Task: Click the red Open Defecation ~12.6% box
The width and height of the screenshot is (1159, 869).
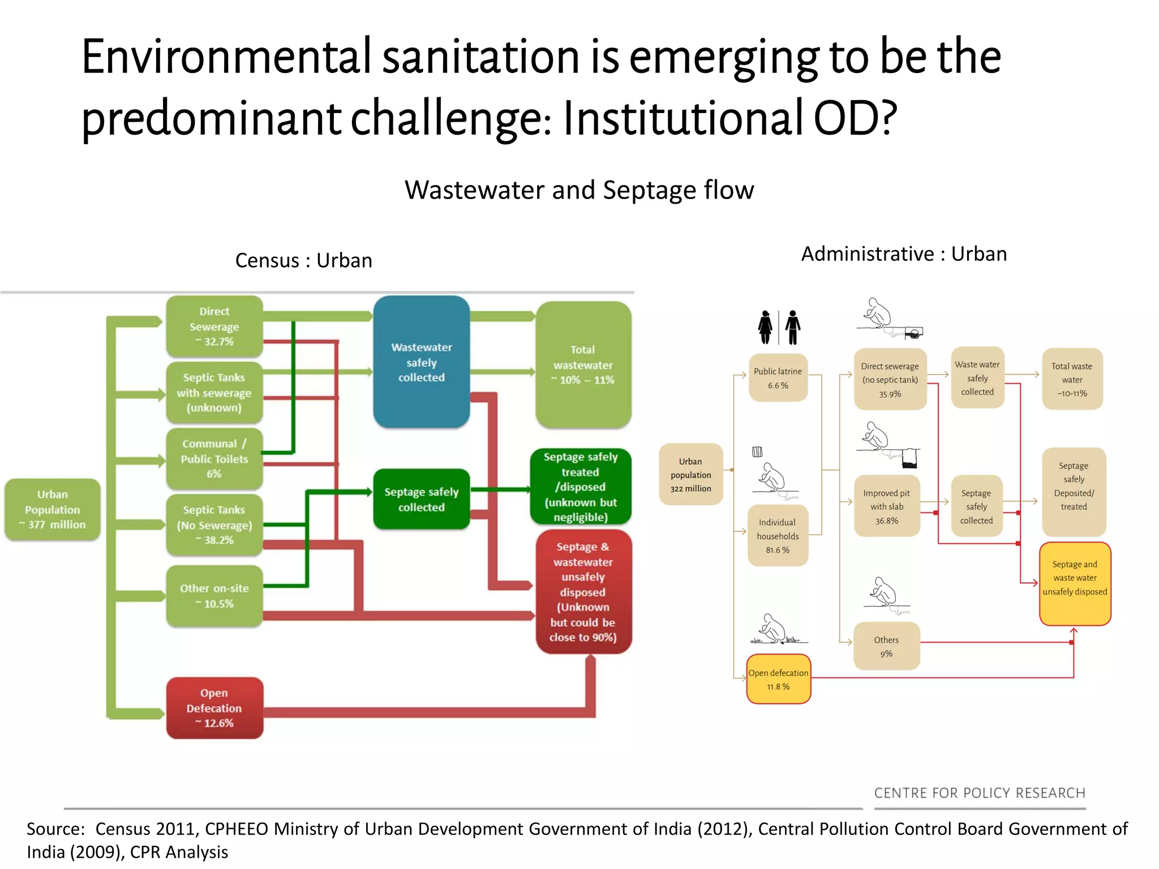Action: click(214, 708)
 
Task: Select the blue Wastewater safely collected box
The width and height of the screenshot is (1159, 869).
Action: click(422, 362)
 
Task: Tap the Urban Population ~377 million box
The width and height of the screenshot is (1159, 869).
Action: click(53, 509)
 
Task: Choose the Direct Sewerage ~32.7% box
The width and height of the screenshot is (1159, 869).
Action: click(214, 326)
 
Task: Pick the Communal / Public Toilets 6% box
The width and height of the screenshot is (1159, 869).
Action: click(214, 459)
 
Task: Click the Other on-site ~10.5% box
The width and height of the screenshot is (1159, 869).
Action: click(214, 596)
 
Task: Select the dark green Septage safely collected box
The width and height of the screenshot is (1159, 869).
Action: click(422, 500)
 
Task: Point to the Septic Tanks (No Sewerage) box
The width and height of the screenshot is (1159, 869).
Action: click(214, 525)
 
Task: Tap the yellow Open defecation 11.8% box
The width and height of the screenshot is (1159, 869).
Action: click(778, 679)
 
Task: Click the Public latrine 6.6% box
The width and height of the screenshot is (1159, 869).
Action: click(778, 378)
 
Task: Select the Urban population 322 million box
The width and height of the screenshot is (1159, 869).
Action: click(690, 475)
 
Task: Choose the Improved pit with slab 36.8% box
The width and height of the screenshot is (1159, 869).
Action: click(887, 506)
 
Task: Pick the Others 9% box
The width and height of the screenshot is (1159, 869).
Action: click(886, 646)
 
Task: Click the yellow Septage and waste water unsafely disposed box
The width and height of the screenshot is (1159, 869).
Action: click(1075, 583)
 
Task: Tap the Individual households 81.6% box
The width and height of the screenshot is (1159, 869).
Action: click(778, 536)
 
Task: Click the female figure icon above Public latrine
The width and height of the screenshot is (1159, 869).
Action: click(765, 327)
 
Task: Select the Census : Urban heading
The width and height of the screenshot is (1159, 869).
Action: click(303, 260)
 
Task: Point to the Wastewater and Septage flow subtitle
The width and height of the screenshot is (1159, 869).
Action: click(579, 190)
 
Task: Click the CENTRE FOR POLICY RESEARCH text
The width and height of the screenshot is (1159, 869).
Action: click(980, 793)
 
